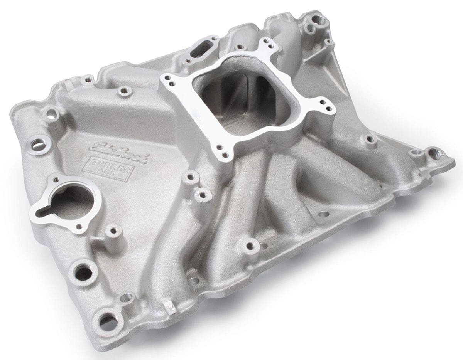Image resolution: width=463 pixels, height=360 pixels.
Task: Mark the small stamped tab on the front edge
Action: pos(169,307)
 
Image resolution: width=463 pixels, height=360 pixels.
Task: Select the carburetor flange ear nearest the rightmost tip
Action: pos(324,104)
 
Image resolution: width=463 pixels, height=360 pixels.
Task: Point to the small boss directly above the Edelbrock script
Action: pos(124,92)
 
